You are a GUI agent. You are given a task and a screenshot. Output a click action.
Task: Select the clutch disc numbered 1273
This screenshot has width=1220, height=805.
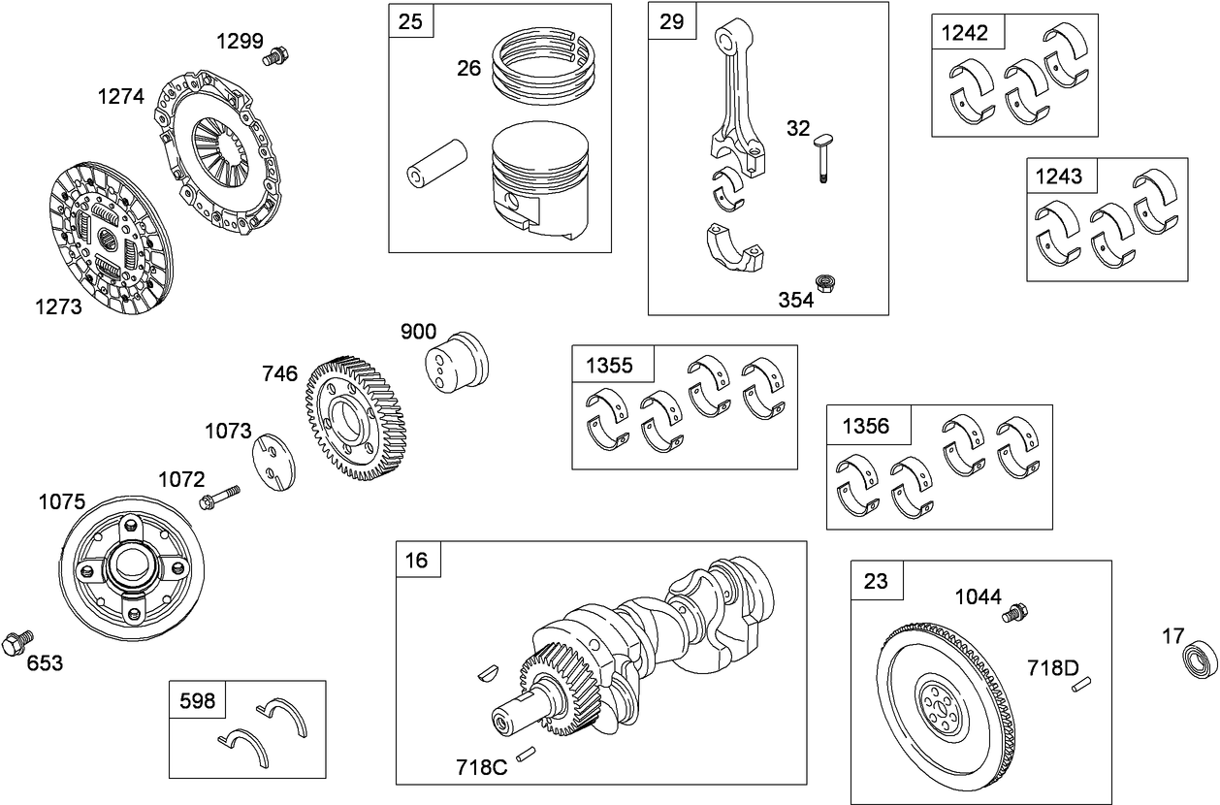(106, 238)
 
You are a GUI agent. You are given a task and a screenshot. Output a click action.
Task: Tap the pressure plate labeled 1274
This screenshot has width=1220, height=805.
(217, 156)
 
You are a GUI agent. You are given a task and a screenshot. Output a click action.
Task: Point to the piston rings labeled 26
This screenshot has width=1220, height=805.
(542, 66)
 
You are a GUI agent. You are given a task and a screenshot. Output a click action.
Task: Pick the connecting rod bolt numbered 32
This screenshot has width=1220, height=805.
(822, 156)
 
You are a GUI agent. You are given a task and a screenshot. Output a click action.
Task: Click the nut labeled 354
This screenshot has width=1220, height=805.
(826, 283)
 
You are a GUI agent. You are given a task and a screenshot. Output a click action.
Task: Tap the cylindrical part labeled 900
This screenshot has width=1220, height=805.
(458, 362)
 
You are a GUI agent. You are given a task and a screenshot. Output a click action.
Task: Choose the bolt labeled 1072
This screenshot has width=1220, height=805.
(221, 497)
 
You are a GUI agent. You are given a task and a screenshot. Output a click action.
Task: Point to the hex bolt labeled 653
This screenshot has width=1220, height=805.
(16, 641)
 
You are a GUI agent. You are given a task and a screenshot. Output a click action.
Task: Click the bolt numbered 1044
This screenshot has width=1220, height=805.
(1016, 612)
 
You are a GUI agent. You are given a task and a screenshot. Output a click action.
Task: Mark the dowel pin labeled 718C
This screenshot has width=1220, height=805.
(526, 753)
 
